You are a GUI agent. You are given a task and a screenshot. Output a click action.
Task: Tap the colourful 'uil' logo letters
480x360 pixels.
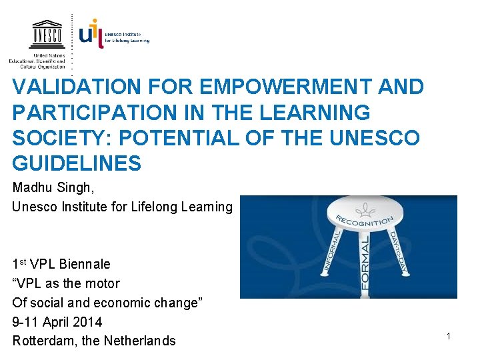tap(91, 33)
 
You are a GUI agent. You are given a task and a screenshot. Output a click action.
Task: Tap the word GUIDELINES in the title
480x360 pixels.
tap(77, 163)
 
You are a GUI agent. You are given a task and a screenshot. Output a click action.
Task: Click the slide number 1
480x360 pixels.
tap(449, 337)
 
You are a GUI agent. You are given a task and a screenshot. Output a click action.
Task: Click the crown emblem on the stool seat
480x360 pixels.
tap(365, 211)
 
